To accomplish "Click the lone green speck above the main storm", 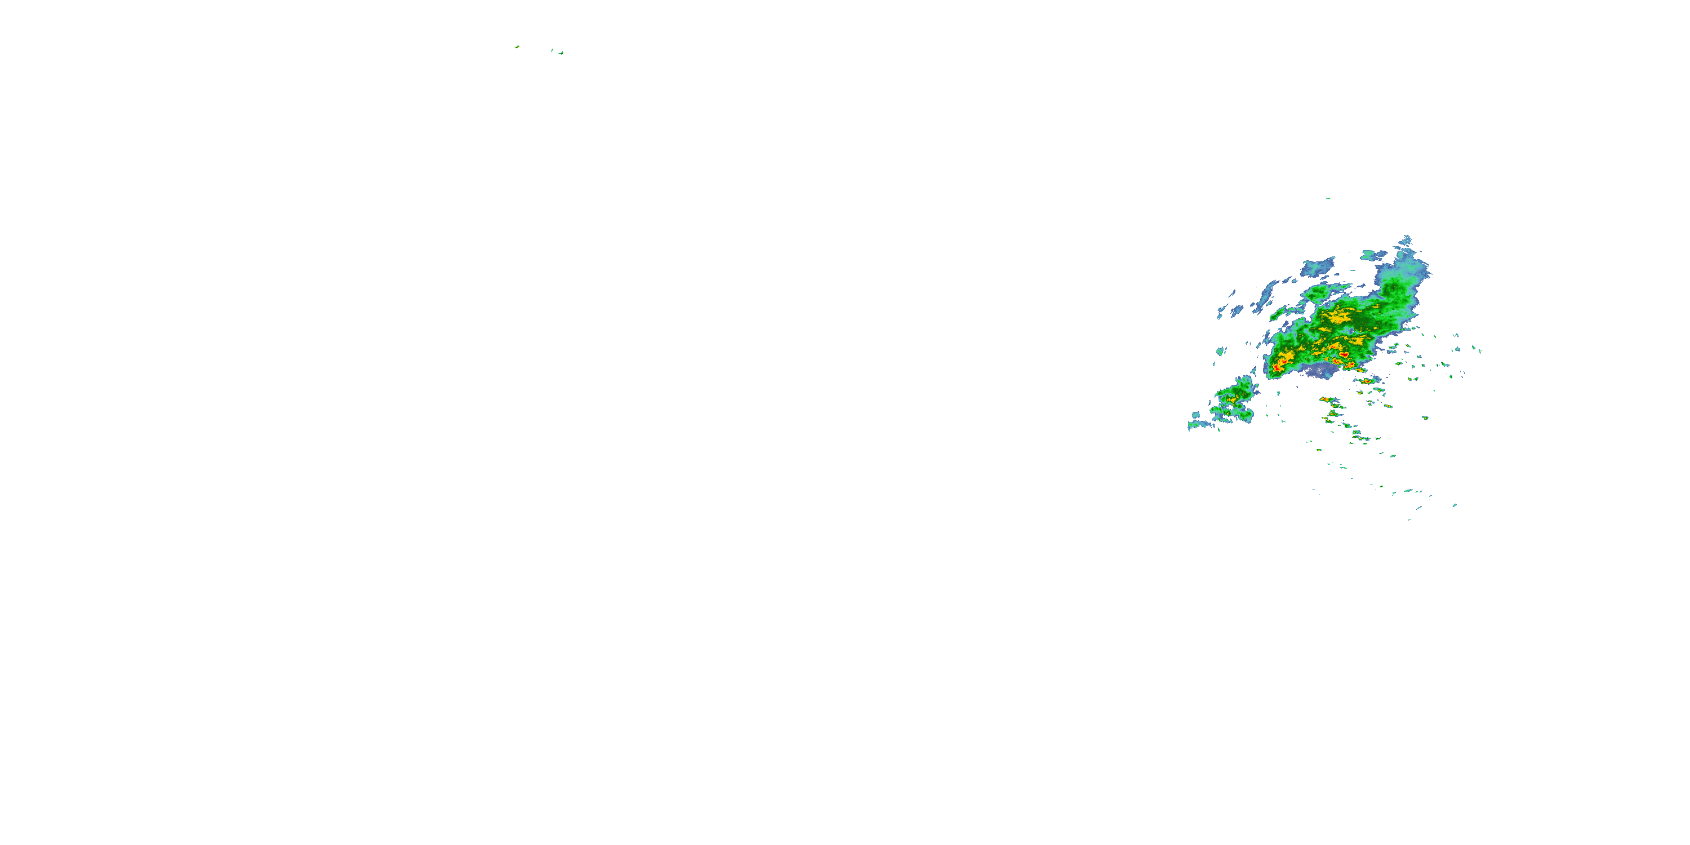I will click(1328, 198).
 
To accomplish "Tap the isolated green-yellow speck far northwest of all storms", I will click(517, 47).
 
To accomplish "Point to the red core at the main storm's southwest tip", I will click(1277, 369).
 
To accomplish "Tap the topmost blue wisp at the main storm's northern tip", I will click(1406, 240).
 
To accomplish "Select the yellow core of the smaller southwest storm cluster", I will click(1231, 398).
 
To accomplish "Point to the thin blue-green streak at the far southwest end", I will click(1200, 425).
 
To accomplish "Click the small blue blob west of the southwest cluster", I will click(1196, 415).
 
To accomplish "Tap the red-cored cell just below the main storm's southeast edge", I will click(1366, 380).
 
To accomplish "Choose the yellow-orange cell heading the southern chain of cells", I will click(1328, 399).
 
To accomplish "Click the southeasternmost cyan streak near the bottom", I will click(1455, 505).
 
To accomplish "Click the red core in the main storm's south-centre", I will click(1343, 354).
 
